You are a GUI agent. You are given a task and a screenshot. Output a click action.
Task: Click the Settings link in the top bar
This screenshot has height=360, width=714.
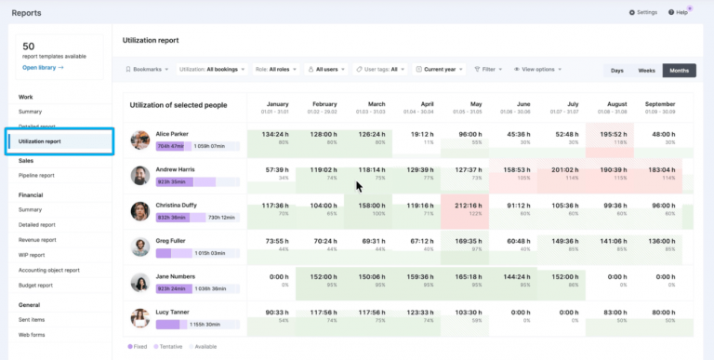(x=643, y=12)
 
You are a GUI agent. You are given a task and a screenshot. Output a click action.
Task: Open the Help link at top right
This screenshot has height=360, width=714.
(x=681, y=12)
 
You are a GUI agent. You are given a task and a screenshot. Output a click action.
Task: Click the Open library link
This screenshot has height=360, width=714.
(x=43, y=68)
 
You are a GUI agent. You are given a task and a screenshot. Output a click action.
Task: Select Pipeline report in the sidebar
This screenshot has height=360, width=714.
(x=36, y=175)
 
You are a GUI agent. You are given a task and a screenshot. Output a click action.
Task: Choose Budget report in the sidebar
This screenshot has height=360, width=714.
(x=36, y=285)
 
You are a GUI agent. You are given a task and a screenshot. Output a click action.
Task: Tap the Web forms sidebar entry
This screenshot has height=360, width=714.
(x=32, y=333)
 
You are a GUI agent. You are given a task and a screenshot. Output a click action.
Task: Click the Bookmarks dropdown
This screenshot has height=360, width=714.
(x=147, y=69)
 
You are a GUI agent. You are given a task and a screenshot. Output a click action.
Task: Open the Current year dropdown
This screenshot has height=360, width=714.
(x=440, y=69)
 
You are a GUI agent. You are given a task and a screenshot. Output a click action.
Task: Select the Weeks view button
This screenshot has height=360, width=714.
(x=645, y=70)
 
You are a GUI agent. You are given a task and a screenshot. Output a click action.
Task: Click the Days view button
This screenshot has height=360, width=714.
(x=616, y=70)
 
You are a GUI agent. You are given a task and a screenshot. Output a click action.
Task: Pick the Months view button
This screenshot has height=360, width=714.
(x=679, y=70)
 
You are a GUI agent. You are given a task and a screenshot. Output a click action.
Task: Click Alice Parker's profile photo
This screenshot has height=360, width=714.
(x=140, y=140)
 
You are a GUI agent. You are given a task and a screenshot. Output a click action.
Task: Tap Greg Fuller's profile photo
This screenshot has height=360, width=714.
(x=140, y=247)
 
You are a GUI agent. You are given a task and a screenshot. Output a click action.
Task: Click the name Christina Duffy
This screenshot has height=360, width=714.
(x=177, y=205)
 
